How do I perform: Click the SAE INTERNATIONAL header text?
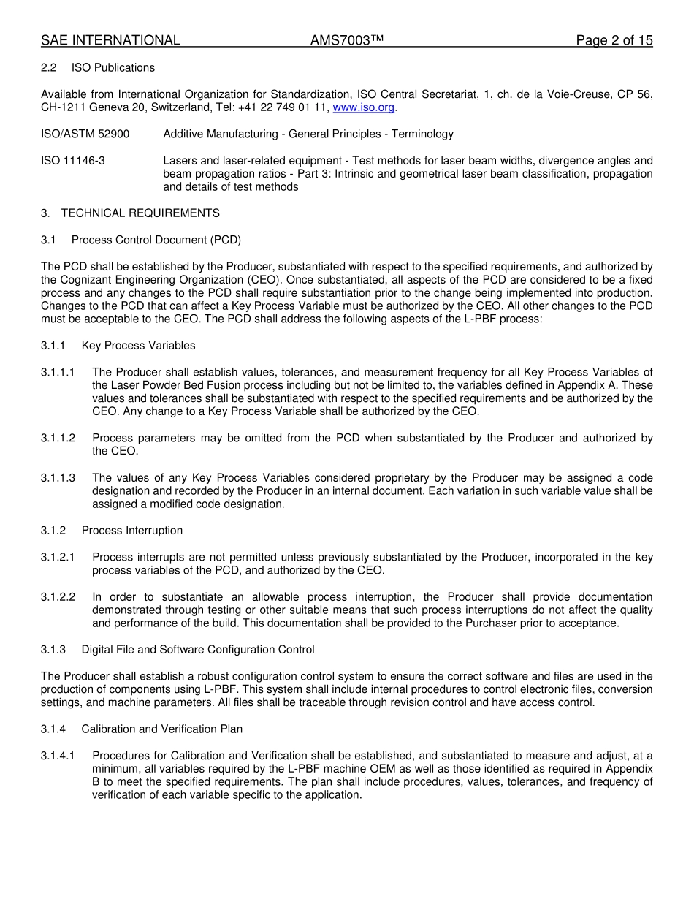tap(110, 41)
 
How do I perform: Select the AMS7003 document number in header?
tap(347, 41)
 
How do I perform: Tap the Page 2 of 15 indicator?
tap(614, 41)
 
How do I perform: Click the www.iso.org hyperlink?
tap(363, 107)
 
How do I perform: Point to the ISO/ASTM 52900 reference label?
tap(85, 134)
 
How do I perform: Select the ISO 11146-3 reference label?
tap(73, 160)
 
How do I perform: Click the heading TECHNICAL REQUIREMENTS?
tap(140, 213)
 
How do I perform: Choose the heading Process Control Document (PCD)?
tap(156, 240)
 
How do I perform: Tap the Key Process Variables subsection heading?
tap(138, 346)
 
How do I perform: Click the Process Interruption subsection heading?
tap(131, 531)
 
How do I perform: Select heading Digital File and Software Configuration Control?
tap(197, 650)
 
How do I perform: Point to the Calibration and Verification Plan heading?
tap(161, 729)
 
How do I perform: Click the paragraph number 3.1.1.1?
tap(58, 373)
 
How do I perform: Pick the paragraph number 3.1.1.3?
tap(58, 478)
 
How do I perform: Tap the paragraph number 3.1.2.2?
tap(58, 597)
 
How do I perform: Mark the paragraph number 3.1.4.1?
tap(58, 756)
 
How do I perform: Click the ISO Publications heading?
tap(113, 68)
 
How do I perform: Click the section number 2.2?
tap(48, 68)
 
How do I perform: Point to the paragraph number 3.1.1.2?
tap(58, 439)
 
